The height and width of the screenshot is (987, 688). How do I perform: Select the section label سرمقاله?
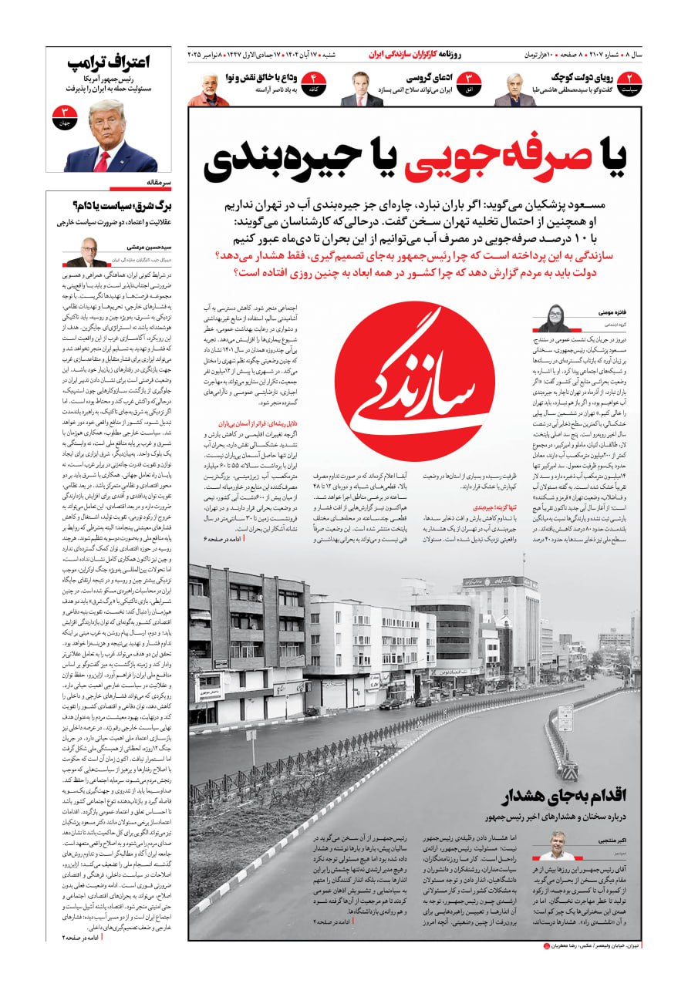(x=157, y=184)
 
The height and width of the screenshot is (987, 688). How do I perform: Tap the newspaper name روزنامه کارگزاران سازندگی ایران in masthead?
(x=415, y=55)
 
